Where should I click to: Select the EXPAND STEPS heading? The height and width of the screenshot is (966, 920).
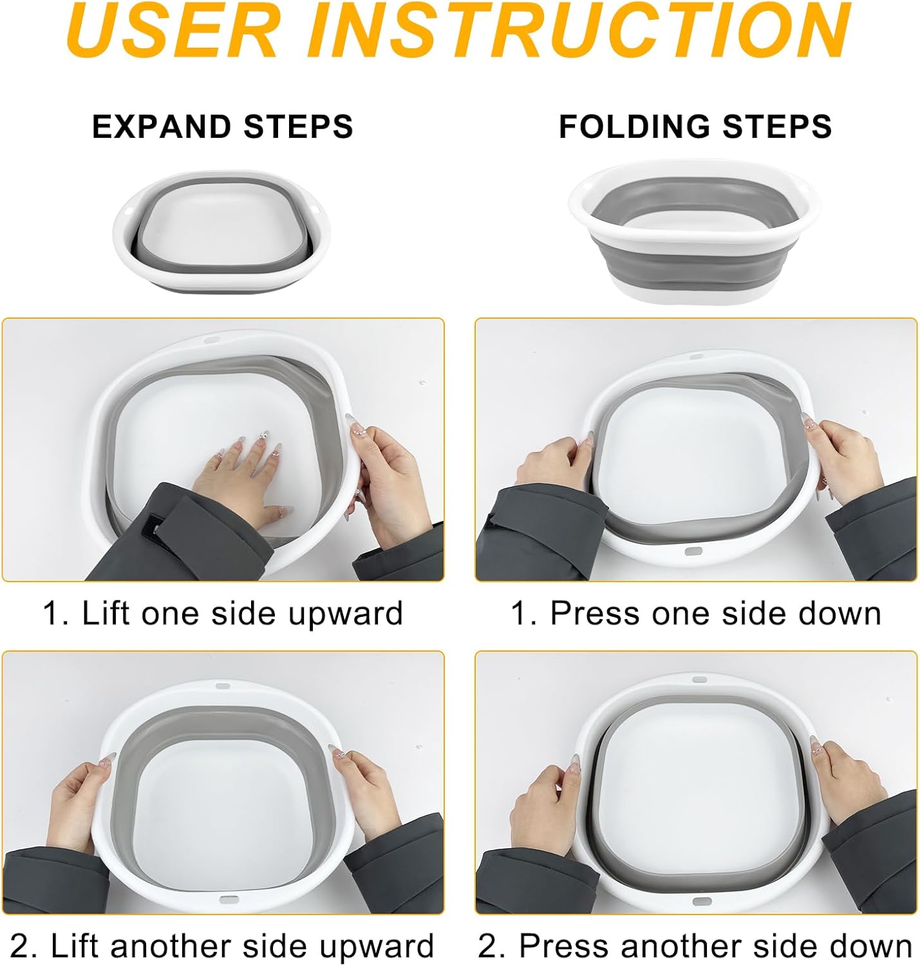click(x=223, y=127)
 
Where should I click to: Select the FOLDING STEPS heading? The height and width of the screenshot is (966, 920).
click(x=695, y=127)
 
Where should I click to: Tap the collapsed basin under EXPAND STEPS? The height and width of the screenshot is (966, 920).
click(x=221, y=231)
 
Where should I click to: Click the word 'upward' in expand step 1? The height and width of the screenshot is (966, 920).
click(x=345, y=614)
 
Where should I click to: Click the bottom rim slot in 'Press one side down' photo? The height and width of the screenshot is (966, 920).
click(x=693, y=552)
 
